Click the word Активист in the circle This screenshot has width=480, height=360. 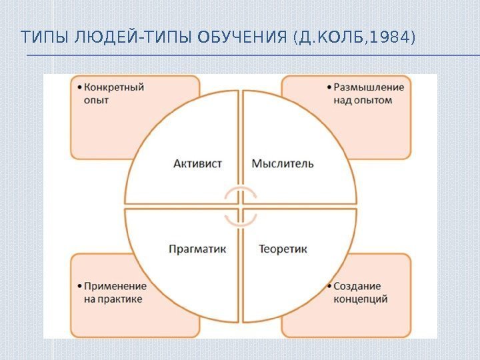click(197, 163)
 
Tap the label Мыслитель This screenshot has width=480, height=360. click(283, 163)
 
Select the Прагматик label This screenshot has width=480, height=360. click(197, 249)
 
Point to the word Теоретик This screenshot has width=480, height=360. click(283, 249)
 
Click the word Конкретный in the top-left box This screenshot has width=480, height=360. click(114, 87)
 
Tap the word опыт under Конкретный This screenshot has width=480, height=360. click(96, 101)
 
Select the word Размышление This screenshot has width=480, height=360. click(369, 87)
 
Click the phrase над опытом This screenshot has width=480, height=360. click(363, 101)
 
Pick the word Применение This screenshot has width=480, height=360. click(115, 286)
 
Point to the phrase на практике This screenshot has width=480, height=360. click(113, 299)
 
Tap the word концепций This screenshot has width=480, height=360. click(361, 299)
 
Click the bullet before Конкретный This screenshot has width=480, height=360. click(79, 87)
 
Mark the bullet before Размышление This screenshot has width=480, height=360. click(329, 87)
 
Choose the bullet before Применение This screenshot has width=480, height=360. click(79, 286)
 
